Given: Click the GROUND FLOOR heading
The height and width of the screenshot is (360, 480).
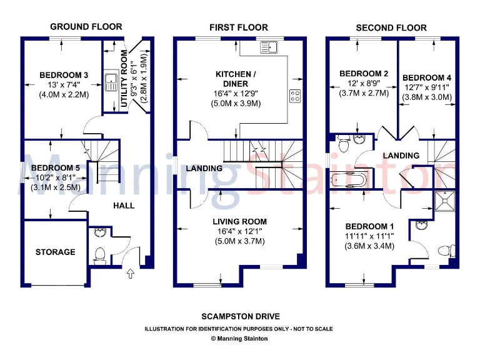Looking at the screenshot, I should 86,26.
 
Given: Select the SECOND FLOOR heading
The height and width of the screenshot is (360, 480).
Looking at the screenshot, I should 391,27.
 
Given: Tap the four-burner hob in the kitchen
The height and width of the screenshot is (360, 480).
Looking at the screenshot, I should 294,96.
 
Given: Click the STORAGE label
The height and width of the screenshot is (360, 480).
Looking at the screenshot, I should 55,252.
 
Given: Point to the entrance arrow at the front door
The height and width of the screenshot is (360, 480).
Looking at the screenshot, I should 130,272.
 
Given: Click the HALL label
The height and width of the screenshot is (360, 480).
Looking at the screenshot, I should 124,205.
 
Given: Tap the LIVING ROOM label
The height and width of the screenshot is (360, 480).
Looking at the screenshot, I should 239,221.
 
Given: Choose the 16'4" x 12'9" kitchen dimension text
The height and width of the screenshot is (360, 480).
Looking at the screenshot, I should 232,93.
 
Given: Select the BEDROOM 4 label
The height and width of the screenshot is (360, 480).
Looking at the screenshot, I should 427,77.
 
